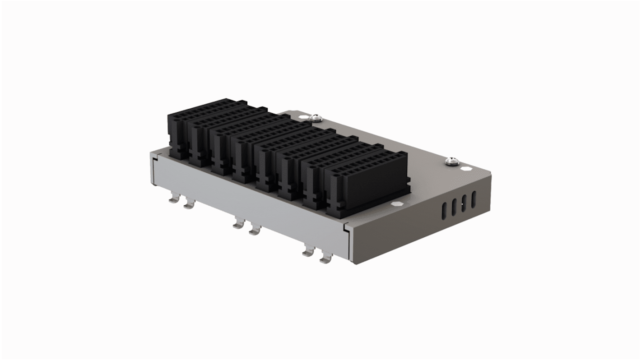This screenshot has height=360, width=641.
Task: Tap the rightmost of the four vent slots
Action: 473,199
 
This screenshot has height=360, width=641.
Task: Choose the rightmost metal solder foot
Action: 325,259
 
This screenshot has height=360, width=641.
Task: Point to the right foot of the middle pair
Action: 255,231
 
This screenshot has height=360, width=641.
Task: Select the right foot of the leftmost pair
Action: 189,205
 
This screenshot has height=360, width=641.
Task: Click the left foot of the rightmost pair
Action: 308,252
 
